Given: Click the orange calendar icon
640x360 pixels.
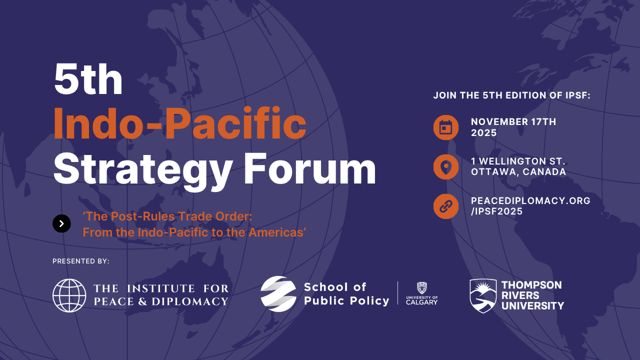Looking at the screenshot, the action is click(x=445, y=127).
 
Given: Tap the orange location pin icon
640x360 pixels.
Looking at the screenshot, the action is click(x=445, y=167).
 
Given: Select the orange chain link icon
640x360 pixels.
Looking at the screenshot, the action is click(x=445, y=206).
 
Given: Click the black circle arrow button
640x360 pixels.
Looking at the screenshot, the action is click(x=61, y=223).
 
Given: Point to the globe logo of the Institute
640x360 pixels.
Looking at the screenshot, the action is click(x=69, y=295).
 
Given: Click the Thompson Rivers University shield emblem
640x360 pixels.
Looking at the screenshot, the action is click(x=483, y=295).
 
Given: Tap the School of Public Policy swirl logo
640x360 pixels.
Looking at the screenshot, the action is click(x=278, y=293).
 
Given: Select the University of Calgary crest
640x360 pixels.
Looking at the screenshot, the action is click(x=421, y=288).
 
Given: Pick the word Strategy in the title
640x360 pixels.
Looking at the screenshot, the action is click(x=142, y=171).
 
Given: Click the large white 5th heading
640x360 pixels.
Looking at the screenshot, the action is click(x=88, y=79).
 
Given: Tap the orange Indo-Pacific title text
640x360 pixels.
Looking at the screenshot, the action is click(x=180, y=123).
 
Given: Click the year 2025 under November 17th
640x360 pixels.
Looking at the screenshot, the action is click(x=483, y=133).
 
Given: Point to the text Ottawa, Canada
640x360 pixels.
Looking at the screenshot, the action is click(x=518, y=171).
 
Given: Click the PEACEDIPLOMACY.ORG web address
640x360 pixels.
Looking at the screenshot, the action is click(x=530, y=200).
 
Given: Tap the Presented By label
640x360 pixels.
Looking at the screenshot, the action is click(x=81, y=261).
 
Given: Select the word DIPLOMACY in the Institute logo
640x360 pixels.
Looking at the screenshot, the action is click(x=190, y=301).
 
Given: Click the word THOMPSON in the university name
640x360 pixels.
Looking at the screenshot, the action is click(x=531, y=285).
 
